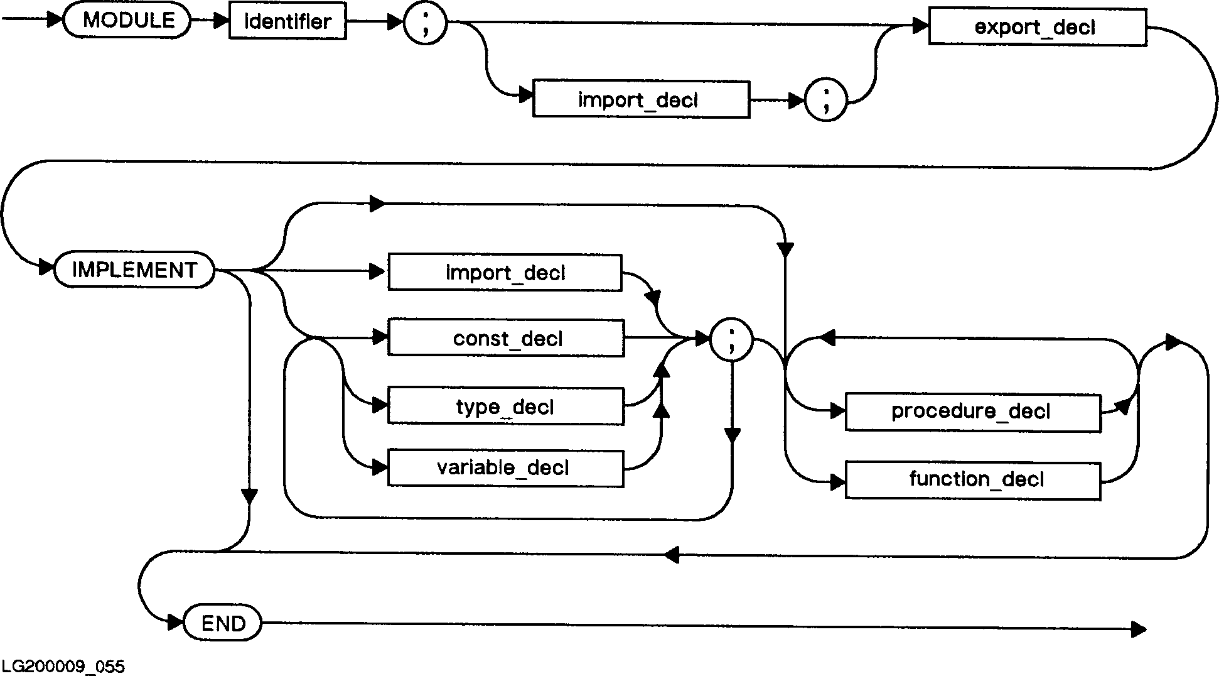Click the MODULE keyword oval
click(127, 21)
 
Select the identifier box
click(287, 23)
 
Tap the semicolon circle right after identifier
click(426, 24)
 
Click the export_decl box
click(1037, 28)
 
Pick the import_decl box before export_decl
click(641, 99)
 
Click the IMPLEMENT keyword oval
click(134, 270)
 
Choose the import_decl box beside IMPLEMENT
click(505, 273)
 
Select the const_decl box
click(506, 339)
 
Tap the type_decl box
click(506, 406)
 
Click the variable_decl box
click(506, 468)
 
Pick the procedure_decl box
click(973, 412)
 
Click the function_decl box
click(973, 481)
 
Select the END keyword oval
click(223, 623)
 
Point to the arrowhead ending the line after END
click(1139, 629)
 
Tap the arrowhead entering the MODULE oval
click(55, 19)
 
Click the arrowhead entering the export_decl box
click(920, 26)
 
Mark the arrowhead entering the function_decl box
click(837, 482)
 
